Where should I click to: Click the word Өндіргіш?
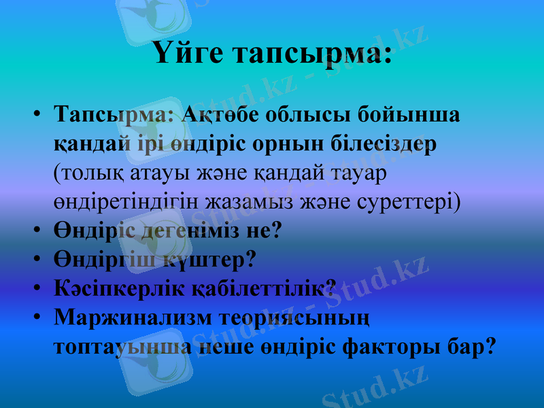[x=97, y=260]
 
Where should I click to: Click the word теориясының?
[x=292, y=318]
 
